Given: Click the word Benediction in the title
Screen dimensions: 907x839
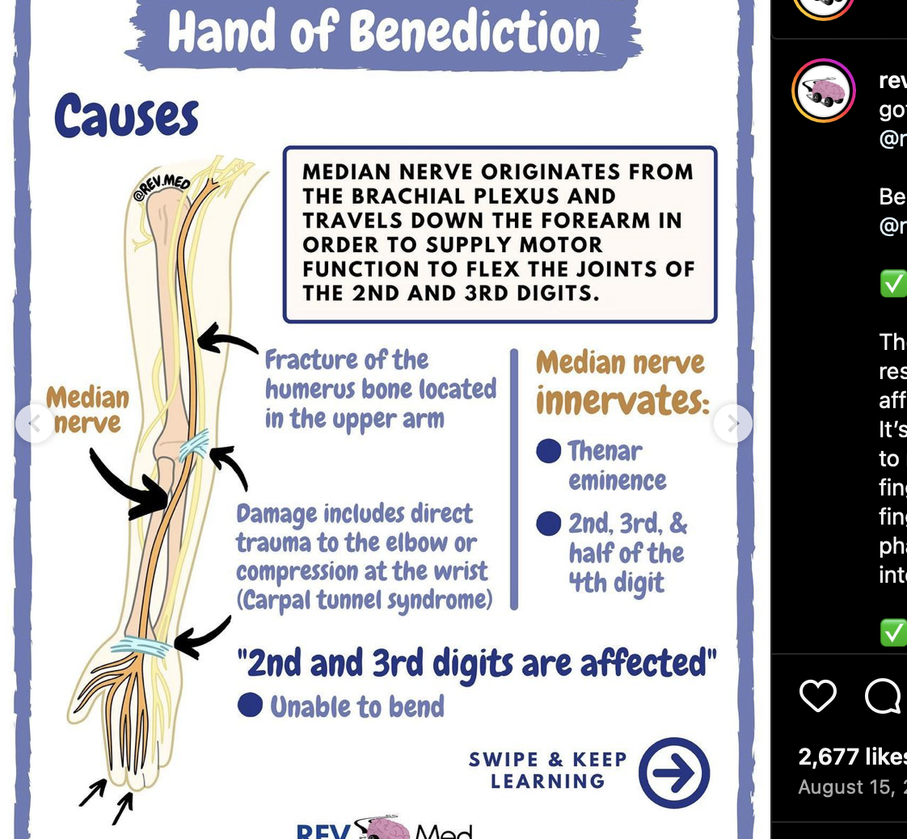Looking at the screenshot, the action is [x=475, y=34].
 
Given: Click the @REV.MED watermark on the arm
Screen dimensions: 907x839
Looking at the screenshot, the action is [x=161, y=188].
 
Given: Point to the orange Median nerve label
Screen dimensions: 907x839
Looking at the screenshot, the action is [x=87, y=410].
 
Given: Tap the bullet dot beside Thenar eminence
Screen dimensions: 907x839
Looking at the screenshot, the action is [x=549, y=451].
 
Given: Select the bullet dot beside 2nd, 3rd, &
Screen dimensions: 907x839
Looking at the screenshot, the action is [x=549, y=524].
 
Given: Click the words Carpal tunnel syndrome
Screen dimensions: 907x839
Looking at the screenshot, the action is [x=365, y=600].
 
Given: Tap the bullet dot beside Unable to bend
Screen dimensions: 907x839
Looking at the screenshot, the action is [x=251, y=705].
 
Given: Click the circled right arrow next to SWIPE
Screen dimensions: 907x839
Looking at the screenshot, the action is [x=674, y=773].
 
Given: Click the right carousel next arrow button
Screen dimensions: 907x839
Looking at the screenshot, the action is [x=732, y=423].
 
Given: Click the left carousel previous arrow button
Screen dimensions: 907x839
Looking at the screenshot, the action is [x=35, y=423].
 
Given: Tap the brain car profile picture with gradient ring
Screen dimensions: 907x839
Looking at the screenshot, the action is [x=824, y=91].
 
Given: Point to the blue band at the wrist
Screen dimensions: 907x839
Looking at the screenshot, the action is [x=141, y=647].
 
